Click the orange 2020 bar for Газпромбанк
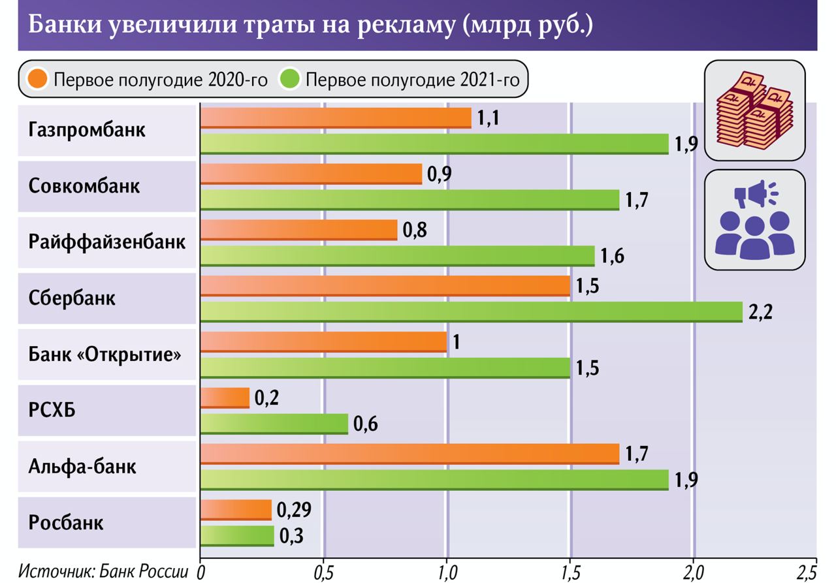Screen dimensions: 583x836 (335, 118)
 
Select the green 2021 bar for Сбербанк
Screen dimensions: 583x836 (471, 312)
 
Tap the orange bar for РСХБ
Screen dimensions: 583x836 (225, 398)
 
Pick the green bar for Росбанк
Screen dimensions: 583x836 (237, 536)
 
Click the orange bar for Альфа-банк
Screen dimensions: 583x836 (409, 454)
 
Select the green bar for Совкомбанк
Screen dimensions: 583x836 (409, 200)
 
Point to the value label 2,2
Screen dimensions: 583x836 (760, 312)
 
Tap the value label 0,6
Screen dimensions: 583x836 (366, 424)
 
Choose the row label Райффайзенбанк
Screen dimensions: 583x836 (107, 242)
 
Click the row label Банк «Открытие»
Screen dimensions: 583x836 (104, 355)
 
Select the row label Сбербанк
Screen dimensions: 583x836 (72, 298)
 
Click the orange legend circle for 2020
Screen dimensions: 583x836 (37, 80)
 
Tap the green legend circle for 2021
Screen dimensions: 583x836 (289, 80)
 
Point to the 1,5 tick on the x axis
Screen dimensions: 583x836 (570, 572)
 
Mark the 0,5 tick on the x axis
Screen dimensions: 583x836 (323, 572)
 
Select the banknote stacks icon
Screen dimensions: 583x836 (754, 110)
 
